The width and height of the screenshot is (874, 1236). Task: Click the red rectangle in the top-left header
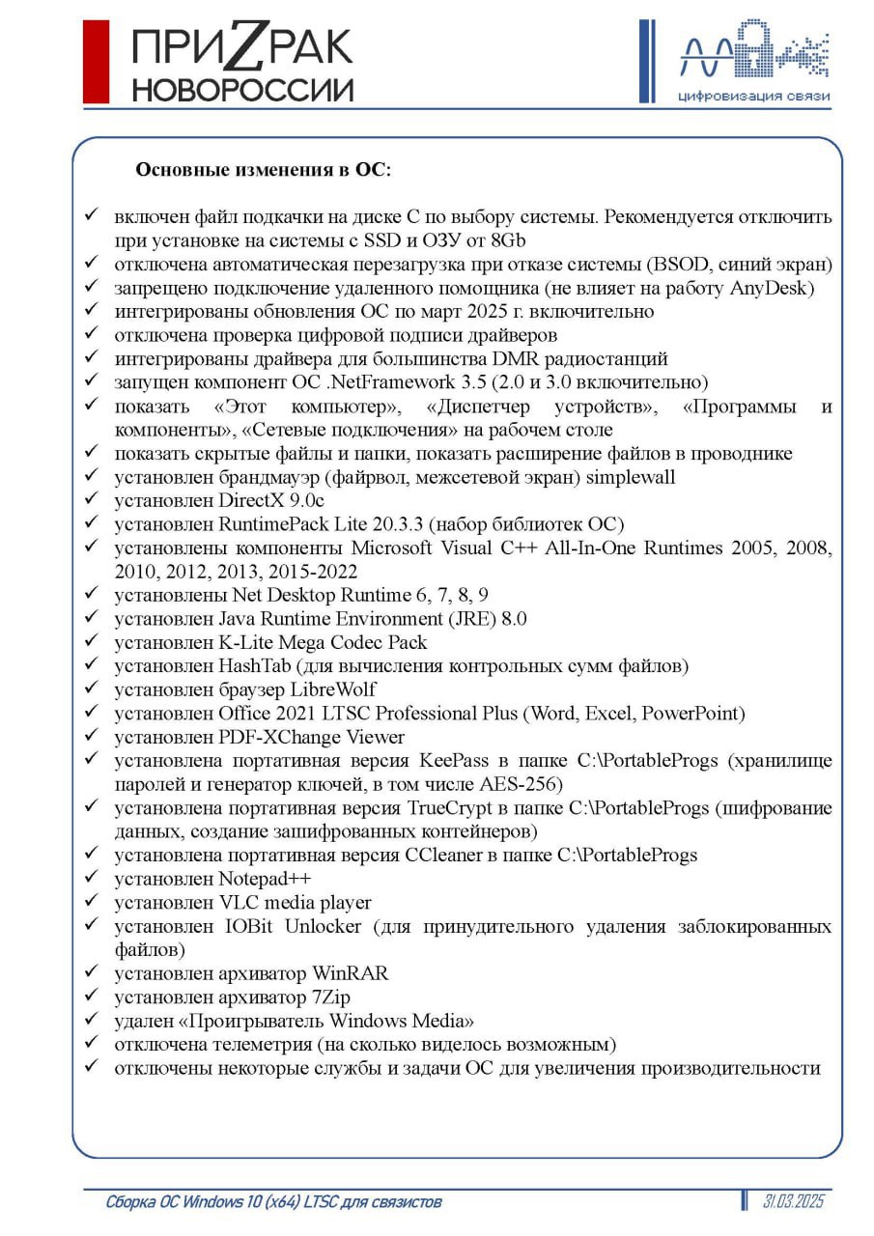[x=96, y=61]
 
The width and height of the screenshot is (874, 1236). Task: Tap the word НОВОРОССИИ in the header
[x=242, y=90]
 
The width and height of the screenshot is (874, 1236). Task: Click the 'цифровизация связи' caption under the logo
[x=753, y=96]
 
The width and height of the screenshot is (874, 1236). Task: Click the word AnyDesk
[x=773, y=288]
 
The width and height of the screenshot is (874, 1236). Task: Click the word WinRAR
[x=350, y=973]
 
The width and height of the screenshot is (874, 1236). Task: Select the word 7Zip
[x=331, y=997]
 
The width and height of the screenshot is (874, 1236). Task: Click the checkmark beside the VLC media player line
[x=90, y=902]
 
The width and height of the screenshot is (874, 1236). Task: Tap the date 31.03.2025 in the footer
[x=793, y=1202]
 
